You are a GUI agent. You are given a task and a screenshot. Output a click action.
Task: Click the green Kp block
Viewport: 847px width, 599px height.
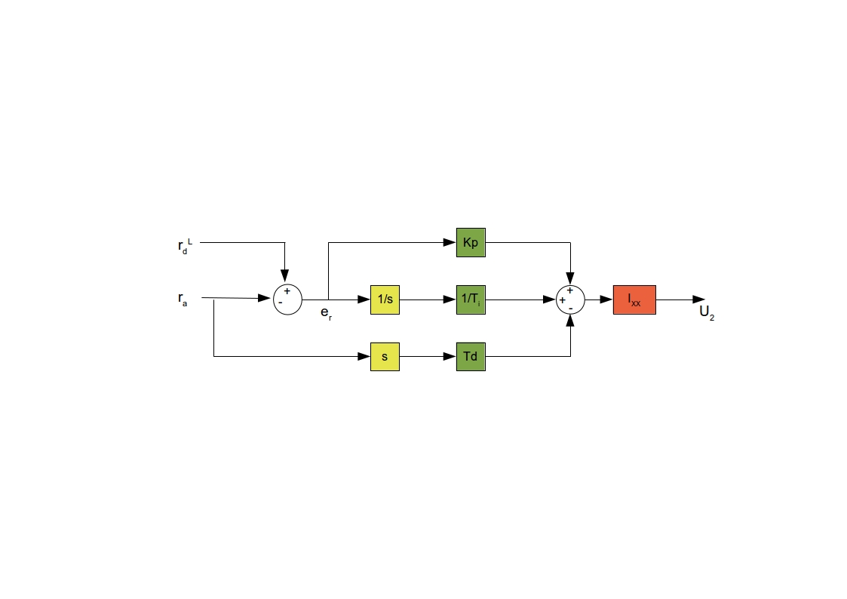(x=471, y=242)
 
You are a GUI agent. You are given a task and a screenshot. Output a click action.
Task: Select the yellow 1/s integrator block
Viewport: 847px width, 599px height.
(x=385, y=299)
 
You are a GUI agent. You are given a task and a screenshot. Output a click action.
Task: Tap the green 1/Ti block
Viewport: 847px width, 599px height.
(x=471, y=299)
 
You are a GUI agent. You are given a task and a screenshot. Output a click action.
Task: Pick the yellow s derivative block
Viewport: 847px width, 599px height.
(x=385, y=357)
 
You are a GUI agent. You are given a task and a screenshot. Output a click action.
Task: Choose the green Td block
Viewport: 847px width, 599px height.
(x=471, y=357)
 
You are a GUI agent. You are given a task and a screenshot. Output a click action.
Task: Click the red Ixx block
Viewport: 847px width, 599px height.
(x=634, y=299)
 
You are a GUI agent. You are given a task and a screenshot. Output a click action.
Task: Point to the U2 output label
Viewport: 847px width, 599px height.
(x=707, y=313)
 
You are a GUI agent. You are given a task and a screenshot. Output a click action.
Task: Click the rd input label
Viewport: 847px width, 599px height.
(x=185, y=246)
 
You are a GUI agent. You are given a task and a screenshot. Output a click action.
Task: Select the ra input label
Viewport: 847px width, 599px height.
(x=183, y=299)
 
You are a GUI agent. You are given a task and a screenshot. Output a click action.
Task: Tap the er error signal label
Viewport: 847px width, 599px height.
(x=327, y=313)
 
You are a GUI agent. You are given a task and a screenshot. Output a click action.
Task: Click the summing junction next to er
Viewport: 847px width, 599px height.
(x=287, y=299)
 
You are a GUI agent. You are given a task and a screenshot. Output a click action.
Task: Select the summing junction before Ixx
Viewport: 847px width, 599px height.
(x=570, y=299)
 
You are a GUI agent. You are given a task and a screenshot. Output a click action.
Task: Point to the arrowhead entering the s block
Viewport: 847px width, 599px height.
(x=364, y=357)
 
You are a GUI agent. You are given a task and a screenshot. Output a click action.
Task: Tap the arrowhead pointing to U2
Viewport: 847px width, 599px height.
(x=699, y=299)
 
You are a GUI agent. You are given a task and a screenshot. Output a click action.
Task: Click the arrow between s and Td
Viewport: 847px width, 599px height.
(x=428, y=357)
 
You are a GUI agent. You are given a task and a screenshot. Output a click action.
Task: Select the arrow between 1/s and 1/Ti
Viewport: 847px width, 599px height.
(x=428, y=299)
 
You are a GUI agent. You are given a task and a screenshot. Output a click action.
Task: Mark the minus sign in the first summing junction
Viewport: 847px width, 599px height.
(x=281, y=303)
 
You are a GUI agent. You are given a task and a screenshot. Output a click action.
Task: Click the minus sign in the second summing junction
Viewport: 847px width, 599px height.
(x=570, y=309)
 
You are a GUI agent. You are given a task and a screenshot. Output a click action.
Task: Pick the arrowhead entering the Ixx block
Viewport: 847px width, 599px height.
(x=606, y=299)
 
